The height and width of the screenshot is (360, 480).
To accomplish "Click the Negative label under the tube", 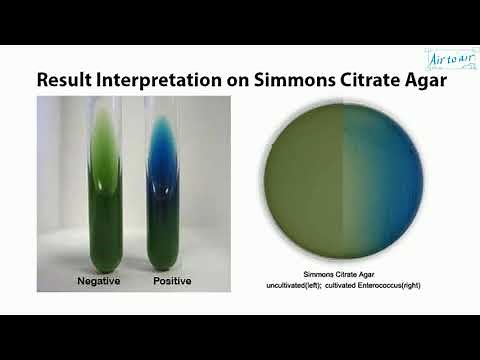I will pos(99,282).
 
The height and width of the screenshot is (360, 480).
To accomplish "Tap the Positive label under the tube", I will pos(172,282).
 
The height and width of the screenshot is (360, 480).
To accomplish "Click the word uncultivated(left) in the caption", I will pos(292,286).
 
